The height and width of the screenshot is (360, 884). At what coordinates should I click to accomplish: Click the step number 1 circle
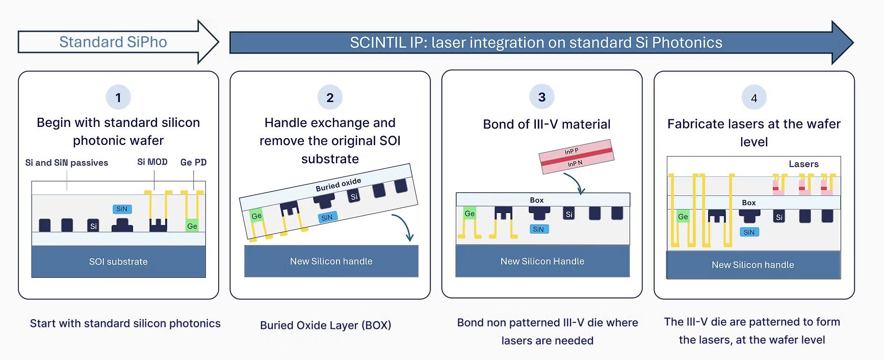(118, 97)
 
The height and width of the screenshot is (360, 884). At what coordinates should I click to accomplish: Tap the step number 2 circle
(330, 97)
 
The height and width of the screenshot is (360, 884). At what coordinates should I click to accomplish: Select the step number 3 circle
(542, 97)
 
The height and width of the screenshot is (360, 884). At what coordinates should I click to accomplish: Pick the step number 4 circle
(754, 98)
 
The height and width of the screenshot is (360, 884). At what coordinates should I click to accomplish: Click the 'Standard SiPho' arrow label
(113, 42)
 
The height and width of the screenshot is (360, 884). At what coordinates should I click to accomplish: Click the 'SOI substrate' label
(118, 262)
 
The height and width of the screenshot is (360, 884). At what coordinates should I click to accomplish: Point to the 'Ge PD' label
(193, 162)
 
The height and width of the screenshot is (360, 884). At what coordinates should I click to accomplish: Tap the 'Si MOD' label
(152, 162)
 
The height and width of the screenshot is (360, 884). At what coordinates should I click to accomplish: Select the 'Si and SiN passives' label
(67, 163)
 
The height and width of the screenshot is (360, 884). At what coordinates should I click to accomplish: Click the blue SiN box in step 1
(122, 209)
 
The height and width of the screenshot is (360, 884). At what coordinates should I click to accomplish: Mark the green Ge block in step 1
(192, 226)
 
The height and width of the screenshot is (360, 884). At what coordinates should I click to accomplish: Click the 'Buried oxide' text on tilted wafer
(338, 185)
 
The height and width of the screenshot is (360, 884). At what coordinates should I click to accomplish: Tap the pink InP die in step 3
(576, 157)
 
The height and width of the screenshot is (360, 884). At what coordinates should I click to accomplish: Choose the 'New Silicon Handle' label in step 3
(542, 262)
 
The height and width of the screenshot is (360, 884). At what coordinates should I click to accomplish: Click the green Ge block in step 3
(470, 214)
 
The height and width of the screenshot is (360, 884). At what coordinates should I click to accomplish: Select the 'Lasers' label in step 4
(803, 164)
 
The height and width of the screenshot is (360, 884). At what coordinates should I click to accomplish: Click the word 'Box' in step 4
(749, 202)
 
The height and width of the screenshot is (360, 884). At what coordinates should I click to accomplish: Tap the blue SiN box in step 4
(749, 233)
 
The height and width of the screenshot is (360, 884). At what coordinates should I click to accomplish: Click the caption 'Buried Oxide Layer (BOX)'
(326, 325)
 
